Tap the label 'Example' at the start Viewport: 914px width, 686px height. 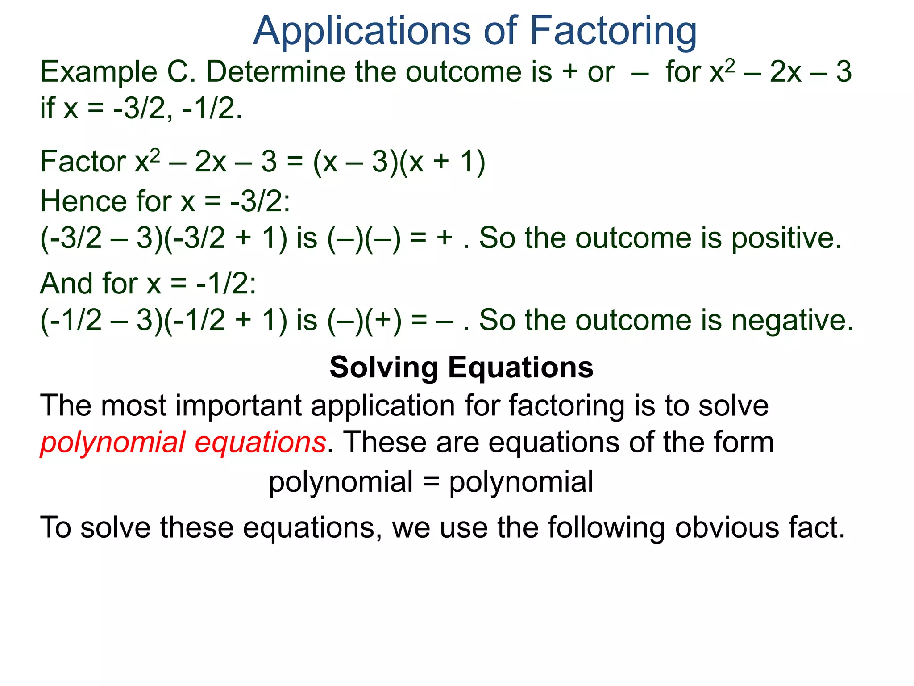click(99, 73)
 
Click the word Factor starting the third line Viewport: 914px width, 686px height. click(83, 162)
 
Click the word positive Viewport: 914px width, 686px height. click(786, 238)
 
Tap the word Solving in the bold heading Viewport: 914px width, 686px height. click(384, 368)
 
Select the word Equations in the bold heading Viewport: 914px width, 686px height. click(520, 368)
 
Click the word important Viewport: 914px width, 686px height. click(239, 406)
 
